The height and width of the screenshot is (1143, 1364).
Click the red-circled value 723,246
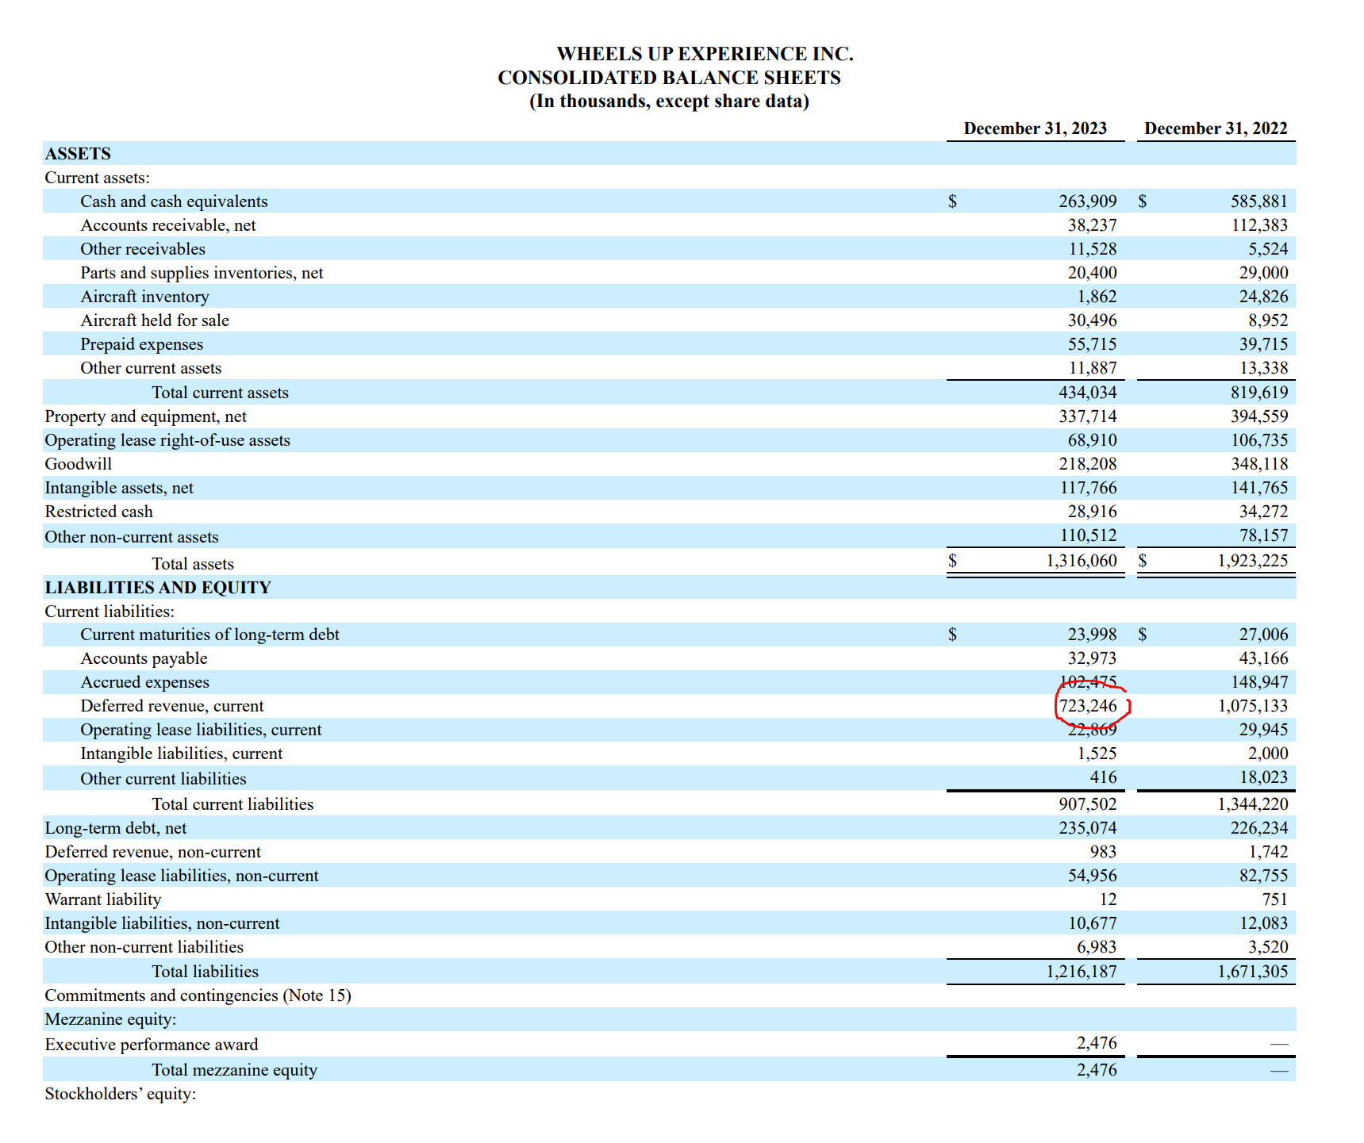point(1088,706)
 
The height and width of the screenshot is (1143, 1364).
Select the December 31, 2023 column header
point(1035,128)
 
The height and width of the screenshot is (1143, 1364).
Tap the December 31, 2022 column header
point(1216,128)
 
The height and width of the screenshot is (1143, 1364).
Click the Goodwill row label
point(79,464)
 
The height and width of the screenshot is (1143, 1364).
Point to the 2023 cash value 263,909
point(1087,201)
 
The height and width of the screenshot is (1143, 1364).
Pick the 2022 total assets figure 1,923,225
point(1252,561)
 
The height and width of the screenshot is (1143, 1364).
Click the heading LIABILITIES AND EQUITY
point(158,588)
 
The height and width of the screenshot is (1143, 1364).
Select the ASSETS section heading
point(78,154)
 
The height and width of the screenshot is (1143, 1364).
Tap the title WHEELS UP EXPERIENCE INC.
point(705,54)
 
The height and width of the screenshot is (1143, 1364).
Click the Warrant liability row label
point(103,899)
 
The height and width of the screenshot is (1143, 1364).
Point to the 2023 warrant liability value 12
point(1108,899)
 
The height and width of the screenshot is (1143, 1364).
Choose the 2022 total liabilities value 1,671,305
point(1252,972)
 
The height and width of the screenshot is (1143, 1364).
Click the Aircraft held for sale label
point(155,320)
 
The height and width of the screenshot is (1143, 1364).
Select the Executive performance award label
point(152,1045)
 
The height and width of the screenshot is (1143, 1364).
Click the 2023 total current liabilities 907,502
point(1087,804)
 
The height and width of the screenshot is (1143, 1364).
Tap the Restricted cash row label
point(99,512)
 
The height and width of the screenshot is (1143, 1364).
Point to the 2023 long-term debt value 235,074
point(1087,828)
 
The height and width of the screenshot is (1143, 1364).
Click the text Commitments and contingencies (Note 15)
point(198,995)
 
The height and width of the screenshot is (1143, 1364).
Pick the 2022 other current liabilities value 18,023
point(1263,777)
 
